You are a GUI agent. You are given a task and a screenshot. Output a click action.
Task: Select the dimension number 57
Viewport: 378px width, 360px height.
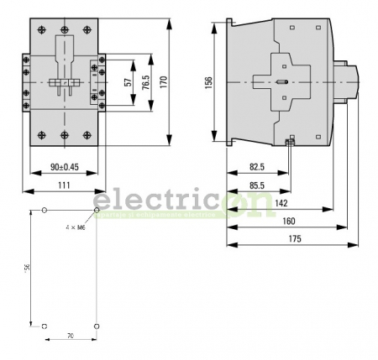tap(127, 81)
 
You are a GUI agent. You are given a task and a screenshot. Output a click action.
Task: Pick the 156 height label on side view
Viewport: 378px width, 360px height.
tap(209, 81)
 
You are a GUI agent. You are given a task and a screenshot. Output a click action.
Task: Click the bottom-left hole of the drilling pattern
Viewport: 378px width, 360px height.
tap(45, 325)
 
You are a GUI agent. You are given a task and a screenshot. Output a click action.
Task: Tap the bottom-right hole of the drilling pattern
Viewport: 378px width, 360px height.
tap(97, 325)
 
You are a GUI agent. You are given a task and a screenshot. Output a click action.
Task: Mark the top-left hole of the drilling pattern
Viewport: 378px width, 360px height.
tap(45, 211)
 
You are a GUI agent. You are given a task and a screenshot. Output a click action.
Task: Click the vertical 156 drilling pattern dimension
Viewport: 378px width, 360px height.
tap(27, 267)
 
